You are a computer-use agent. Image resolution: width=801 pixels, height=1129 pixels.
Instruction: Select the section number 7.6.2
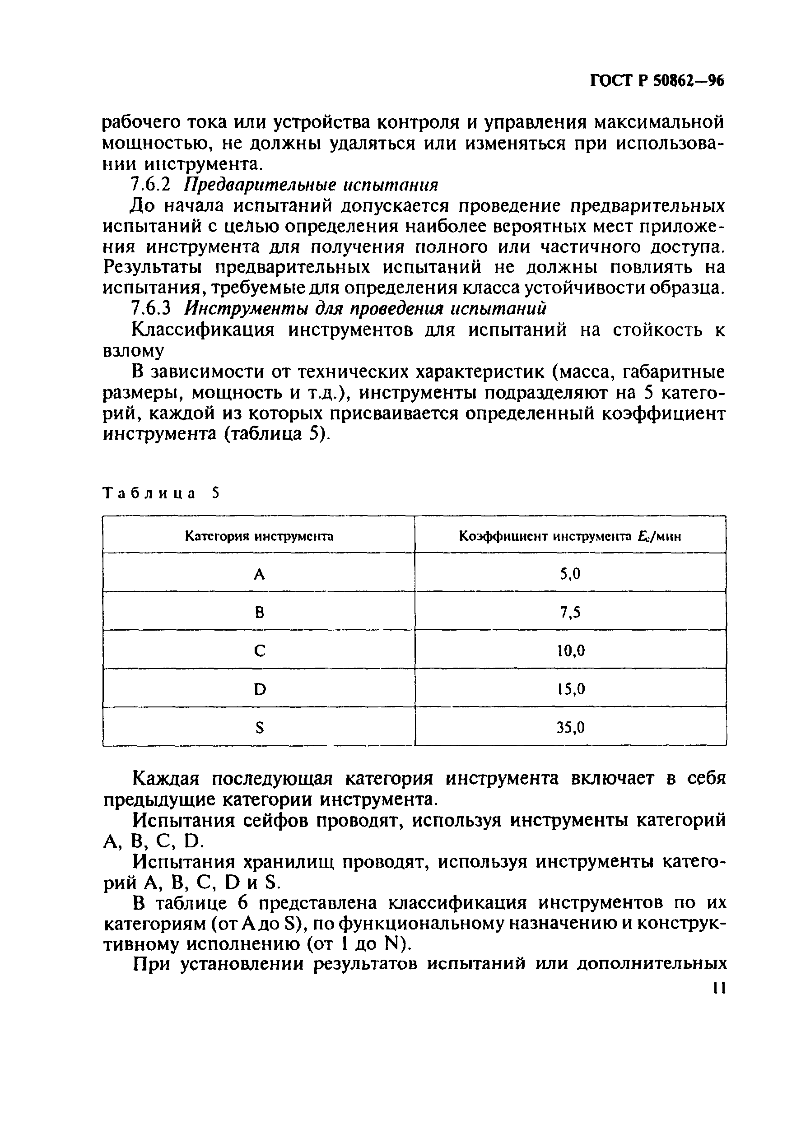(150, 186)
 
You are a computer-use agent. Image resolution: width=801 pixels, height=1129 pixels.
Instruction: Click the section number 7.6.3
(150, 309)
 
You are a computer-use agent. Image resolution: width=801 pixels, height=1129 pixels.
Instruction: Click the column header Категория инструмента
(259, 536)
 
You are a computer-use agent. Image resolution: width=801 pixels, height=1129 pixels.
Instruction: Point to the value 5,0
(570, 574)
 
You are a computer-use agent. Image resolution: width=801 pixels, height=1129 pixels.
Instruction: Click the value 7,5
(570, 612)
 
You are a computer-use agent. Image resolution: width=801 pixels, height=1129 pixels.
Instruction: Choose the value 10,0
(571, 651)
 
